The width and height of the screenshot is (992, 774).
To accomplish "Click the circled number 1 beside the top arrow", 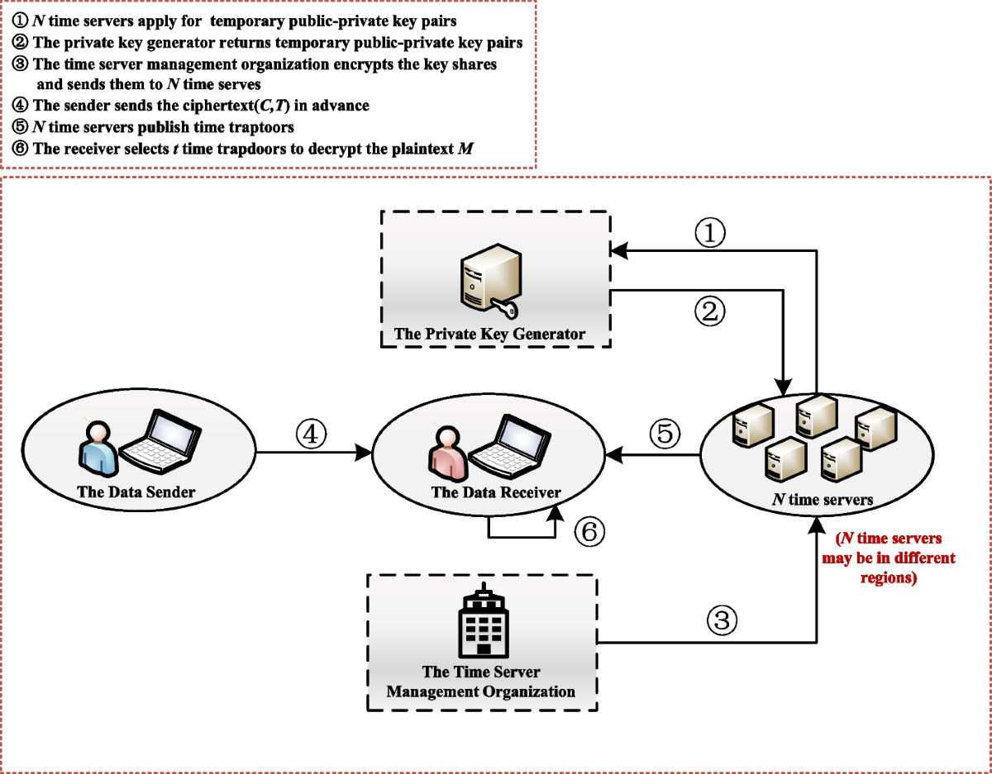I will pyautogui.click(x=710, y=235).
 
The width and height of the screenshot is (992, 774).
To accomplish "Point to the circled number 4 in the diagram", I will pyautogui.click(x=312, y=434).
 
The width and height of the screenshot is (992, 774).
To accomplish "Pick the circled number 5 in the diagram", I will pyautogui.click(x=664, y=434).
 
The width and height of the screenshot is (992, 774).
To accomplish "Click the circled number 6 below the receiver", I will pyautogui.click(x=589, y=531).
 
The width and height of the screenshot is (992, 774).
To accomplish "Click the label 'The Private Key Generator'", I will pyautogui.click(x=489, y=335).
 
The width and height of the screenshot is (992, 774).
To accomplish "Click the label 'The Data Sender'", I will pyautogui.click(x=136, y=492).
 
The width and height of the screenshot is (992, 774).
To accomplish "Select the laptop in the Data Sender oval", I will pyautogui.click(x=160, y=447).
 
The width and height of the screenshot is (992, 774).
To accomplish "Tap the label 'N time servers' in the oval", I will pyautogui.click(x=822, y=500).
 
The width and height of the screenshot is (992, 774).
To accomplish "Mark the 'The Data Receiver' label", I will pyautogui.click(x=495, y=492).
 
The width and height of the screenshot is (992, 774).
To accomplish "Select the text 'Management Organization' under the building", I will pyautogui.click(x=480, y=691).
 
